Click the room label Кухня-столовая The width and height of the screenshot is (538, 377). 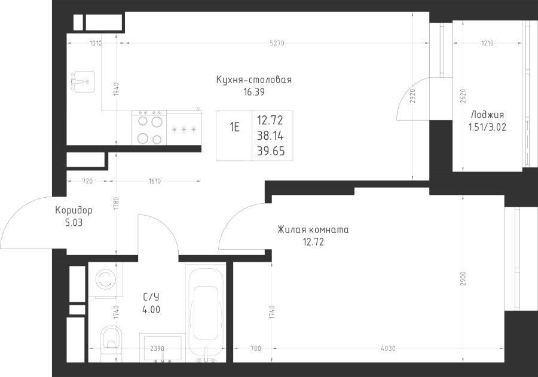coord(254,79)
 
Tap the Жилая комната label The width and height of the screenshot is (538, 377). coord(313,229)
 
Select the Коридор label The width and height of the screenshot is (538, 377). coord(74,210)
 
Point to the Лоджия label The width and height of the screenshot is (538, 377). coord(487,115)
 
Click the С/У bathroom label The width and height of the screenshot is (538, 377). coord(151,297)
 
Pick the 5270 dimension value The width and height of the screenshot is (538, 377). coord(277,43)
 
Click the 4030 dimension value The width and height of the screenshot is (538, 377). coord(388,348)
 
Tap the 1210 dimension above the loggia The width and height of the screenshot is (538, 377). coord(487,43)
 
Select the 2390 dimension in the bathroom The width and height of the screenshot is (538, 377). coord(157,348)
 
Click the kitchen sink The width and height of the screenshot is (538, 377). coord(82,82)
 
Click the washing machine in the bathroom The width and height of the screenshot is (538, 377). coord(105,279)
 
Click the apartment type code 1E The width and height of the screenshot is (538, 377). coord(235,128)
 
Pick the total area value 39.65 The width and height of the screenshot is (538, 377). coord(271,151)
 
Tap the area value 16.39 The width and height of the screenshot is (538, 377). coord(254,92)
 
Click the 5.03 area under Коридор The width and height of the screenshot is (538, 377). coord(74,223)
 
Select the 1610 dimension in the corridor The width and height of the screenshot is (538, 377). coord(155,182)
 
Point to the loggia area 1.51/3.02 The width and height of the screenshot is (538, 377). coord(487,127)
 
